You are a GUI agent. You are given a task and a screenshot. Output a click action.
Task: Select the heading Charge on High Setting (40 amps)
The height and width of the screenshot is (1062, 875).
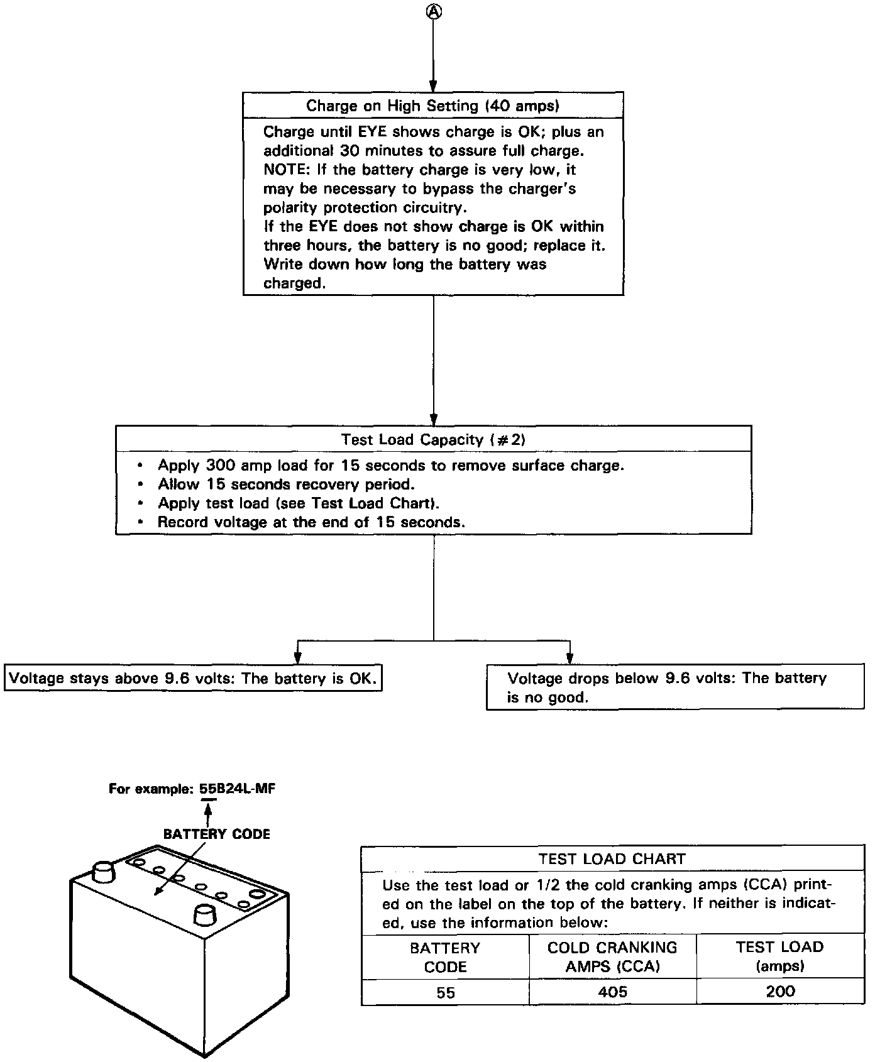[x=432, y=106]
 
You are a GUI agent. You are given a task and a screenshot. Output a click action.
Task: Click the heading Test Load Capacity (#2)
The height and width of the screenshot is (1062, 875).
[x=433, y=439]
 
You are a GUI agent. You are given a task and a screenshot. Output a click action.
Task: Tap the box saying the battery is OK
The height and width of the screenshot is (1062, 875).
[x=193, y=679]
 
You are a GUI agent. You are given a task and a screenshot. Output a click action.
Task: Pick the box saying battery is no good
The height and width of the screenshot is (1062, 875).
[x=674, y=687]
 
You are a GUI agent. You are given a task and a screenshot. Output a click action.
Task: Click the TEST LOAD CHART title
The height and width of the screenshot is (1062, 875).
[x=612, y=859]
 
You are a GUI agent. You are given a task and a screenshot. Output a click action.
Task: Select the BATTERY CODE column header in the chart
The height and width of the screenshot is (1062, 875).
[x=445, y=956]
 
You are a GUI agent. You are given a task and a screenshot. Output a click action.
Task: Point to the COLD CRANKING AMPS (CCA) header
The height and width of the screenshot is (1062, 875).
[x=612, y=956]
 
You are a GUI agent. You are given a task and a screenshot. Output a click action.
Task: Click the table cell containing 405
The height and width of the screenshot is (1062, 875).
[x=612, y=992]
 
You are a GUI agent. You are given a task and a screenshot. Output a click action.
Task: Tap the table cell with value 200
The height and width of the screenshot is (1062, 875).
[x=780, y=992]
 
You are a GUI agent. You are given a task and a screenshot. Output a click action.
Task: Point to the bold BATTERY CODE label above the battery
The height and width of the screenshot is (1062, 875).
[x=216, y=834]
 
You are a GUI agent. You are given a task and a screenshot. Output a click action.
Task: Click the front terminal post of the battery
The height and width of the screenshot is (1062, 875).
[x=204, y=914]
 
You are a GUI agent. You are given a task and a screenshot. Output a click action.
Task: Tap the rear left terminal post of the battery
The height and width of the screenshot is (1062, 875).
[x=102, y=871]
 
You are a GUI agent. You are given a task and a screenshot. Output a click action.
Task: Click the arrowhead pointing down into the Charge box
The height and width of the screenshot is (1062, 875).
[x=433, y=87]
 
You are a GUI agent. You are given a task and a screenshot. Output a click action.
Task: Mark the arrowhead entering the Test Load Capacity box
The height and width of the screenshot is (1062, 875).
[x=433, y=420]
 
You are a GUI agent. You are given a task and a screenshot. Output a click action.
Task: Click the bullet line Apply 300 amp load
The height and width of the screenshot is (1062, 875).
[x=390, y=466]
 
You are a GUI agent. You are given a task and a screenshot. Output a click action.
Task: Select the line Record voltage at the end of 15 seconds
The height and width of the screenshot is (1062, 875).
[x=311, y=522]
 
